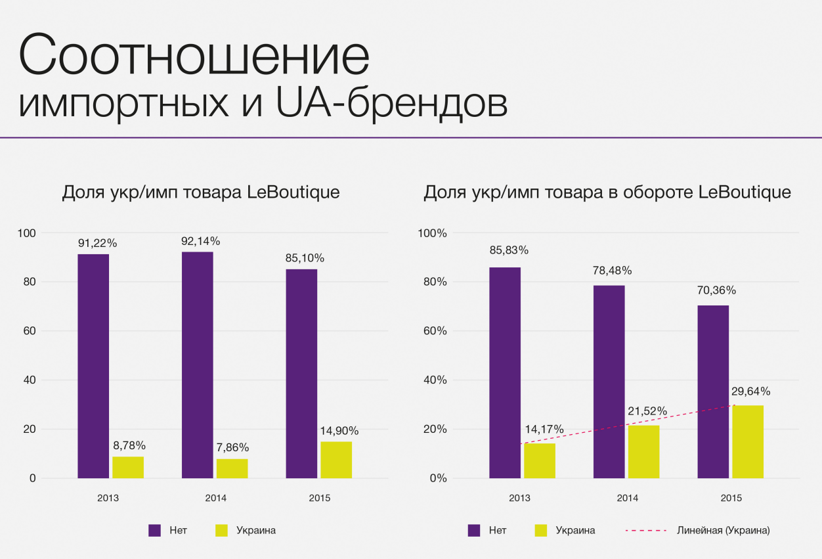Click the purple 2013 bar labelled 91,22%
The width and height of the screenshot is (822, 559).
pos(93,366)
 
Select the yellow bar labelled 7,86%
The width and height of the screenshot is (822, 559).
pos(232,468)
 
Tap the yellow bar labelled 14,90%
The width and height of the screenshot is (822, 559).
pos(336,460)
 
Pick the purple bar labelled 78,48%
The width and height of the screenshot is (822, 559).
pos(609,382)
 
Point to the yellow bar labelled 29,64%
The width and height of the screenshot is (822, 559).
pos(748,441)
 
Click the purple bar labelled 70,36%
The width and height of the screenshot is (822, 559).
pos(713,391)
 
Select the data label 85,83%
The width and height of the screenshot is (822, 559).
pos(509,250)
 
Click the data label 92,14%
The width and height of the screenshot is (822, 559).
pos(200,241)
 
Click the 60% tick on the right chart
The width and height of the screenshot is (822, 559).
pos(434,331)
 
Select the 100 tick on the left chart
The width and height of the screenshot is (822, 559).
pos(28,233)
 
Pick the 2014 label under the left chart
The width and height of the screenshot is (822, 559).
pos(215,499)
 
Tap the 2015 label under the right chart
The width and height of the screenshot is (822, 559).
pos(731,499)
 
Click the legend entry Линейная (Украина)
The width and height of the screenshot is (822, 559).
pos(723,530)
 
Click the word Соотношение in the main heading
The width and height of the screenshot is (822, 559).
pos(194,55)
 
